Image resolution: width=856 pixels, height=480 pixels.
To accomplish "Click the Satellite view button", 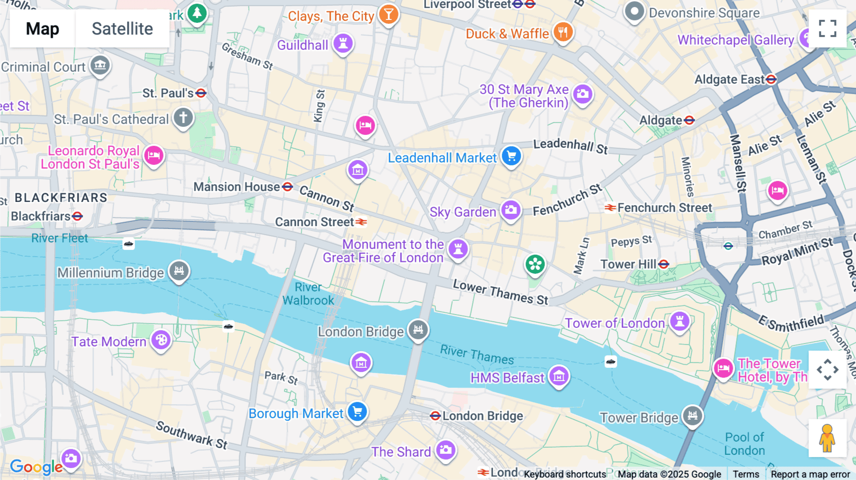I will click(122, 29).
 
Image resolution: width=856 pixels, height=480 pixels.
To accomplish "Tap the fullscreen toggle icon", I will click(827, 29).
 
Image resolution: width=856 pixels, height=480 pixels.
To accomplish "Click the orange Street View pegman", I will click(827, 438).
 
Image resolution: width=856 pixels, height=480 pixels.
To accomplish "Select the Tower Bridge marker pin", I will click(692, 415).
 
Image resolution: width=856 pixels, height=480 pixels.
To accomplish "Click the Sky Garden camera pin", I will click(511, 210).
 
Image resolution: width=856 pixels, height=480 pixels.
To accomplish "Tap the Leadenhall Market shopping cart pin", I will click(512, 156).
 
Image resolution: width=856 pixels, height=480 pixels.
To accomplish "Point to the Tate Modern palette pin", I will click(161, 340).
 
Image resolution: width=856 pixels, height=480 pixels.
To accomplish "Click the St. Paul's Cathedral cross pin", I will click(183, 117).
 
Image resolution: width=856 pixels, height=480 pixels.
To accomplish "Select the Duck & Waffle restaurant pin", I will click(563, 32).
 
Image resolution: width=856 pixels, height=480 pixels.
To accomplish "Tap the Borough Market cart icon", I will click(357, 412).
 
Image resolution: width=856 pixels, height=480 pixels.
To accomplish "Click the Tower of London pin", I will click(680, 321).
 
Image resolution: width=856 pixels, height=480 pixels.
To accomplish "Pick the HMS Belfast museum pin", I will click(559, 376).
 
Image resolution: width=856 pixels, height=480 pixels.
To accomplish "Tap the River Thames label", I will click(477, 355).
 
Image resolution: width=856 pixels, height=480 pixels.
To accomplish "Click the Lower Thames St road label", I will click(500, 292).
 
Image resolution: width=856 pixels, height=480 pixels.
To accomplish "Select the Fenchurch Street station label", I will click(664, 208).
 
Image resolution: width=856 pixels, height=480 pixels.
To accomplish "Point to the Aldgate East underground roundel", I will click(771, 79).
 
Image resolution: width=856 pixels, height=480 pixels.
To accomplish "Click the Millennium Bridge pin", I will click(179, 271).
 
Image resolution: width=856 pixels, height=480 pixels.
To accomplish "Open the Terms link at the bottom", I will click(746, 474).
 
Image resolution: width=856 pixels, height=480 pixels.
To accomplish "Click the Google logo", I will click(36, 467).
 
